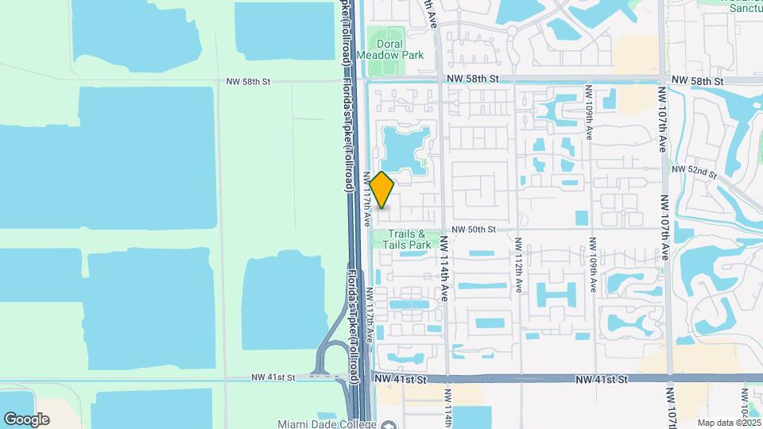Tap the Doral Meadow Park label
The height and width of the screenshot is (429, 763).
pyautogui.click(x=390, y=50)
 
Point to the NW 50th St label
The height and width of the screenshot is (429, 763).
pyautogui.click(x=474, y=229)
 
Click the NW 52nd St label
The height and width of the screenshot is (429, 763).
pyautogui.click(x=695, y=171)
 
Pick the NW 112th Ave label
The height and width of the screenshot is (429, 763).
pyautogui.click(x=518, y=264)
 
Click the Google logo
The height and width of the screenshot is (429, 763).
pyautogui.click(x=26, y=419)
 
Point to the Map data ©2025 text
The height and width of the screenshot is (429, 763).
pyautogui.click(x=728, y=422)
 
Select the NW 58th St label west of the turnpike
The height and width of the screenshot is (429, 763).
pyautogui.click(x=249, y=81)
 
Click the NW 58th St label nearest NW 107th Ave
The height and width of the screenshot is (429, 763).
pyautogui.click(x=697, y=81)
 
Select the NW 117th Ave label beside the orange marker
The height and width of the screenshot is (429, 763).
pyautogui.click(x=368, y=199)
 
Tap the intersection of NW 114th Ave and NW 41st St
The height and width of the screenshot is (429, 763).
pyautogui.click(x=445, y=380)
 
